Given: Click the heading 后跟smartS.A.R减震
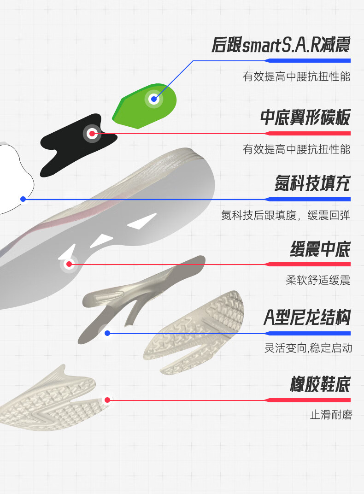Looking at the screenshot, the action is (x=281, y=45).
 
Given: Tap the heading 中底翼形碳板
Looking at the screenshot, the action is (x=305, y=118).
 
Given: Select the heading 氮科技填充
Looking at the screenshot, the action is (x=312, y=183).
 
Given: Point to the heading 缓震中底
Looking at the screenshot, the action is (x=320, y=249).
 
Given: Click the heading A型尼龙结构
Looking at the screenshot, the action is (x=307, y=318).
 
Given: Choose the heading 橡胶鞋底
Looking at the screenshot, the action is (x=320, y=384).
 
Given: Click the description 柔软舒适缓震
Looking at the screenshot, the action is (x=318, y=280).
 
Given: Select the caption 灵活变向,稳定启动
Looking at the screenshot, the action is (x=308, y=348).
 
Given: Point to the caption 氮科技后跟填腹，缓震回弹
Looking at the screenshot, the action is (x=286, y=215).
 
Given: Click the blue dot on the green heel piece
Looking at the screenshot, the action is (x=154, y=99).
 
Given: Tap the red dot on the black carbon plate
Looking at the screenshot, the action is (x=92, y=134).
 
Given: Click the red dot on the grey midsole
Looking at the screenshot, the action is (x=69, y=264).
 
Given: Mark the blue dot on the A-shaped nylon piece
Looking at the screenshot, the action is (x=107, y=333).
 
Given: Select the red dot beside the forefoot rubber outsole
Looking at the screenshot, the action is (x=107, y=400).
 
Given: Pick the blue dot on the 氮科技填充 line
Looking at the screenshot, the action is (x=23, y=199).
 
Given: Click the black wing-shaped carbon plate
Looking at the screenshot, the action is (x=69, y=147).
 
